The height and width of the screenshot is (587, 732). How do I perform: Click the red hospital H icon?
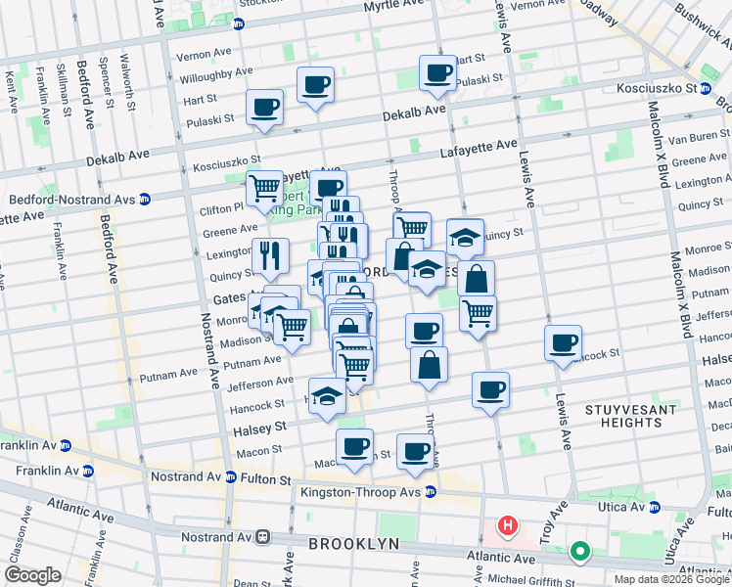point(507,526)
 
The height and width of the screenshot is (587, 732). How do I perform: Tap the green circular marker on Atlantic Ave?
point(579,552)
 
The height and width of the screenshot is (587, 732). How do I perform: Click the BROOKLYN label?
point(353,543)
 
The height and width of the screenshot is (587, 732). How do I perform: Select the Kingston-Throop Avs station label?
point(361,492)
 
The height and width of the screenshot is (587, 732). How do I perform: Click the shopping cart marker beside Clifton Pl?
point(264,187)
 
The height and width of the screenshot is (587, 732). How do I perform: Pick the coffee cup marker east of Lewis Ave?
point(563,343)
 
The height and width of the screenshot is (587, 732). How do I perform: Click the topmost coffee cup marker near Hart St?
point(437,71)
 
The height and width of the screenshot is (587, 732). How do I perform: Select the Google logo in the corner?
point(32,575)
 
